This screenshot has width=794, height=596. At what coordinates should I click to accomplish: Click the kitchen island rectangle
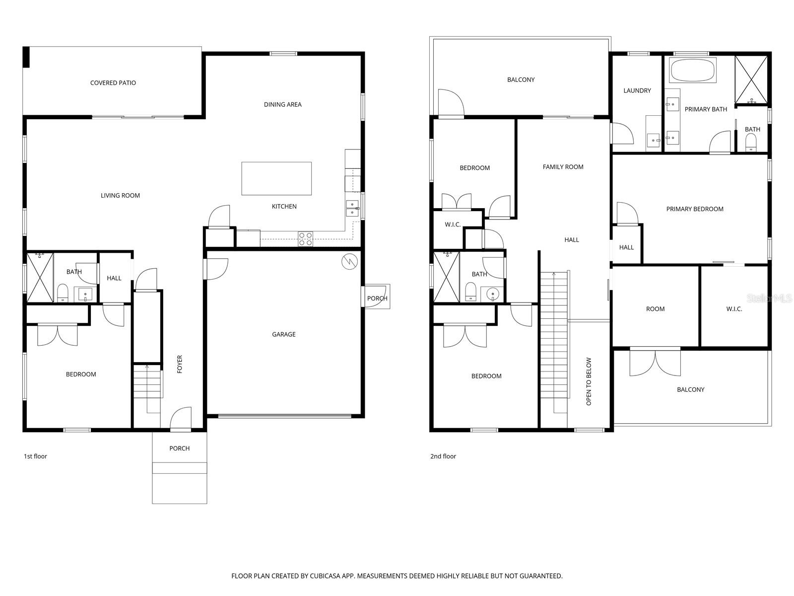pos(276,178)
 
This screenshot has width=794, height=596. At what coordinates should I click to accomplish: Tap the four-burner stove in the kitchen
pos(305,239)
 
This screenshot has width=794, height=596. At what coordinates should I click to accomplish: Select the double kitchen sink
pos(352,208)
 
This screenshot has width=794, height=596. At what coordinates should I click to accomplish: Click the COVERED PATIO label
pos(113,83)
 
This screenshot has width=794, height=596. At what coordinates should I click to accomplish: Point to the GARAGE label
pos(283,334)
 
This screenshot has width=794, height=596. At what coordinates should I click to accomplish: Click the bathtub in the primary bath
pos(693,71)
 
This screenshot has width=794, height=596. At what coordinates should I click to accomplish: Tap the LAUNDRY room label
pos(637,90)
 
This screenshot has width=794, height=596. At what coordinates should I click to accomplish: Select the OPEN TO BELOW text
pos(589,381)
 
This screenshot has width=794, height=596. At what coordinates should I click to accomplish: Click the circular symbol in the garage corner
pos(349,261)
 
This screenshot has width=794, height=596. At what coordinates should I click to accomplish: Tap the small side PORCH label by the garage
pos(377,298)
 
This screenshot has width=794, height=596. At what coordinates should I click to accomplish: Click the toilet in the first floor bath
pos(63,293)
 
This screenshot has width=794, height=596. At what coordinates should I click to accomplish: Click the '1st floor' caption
pos(35,456)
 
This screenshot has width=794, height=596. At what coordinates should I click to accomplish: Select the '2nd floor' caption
pos(443,456)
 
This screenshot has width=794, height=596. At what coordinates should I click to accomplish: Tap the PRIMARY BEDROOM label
pos(694,209)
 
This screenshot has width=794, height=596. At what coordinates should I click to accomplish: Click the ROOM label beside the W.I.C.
pos(655,309)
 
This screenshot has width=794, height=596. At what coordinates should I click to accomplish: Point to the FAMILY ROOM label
pos(563,167)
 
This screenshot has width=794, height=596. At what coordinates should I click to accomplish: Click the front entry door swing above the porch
pos(181,418)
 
